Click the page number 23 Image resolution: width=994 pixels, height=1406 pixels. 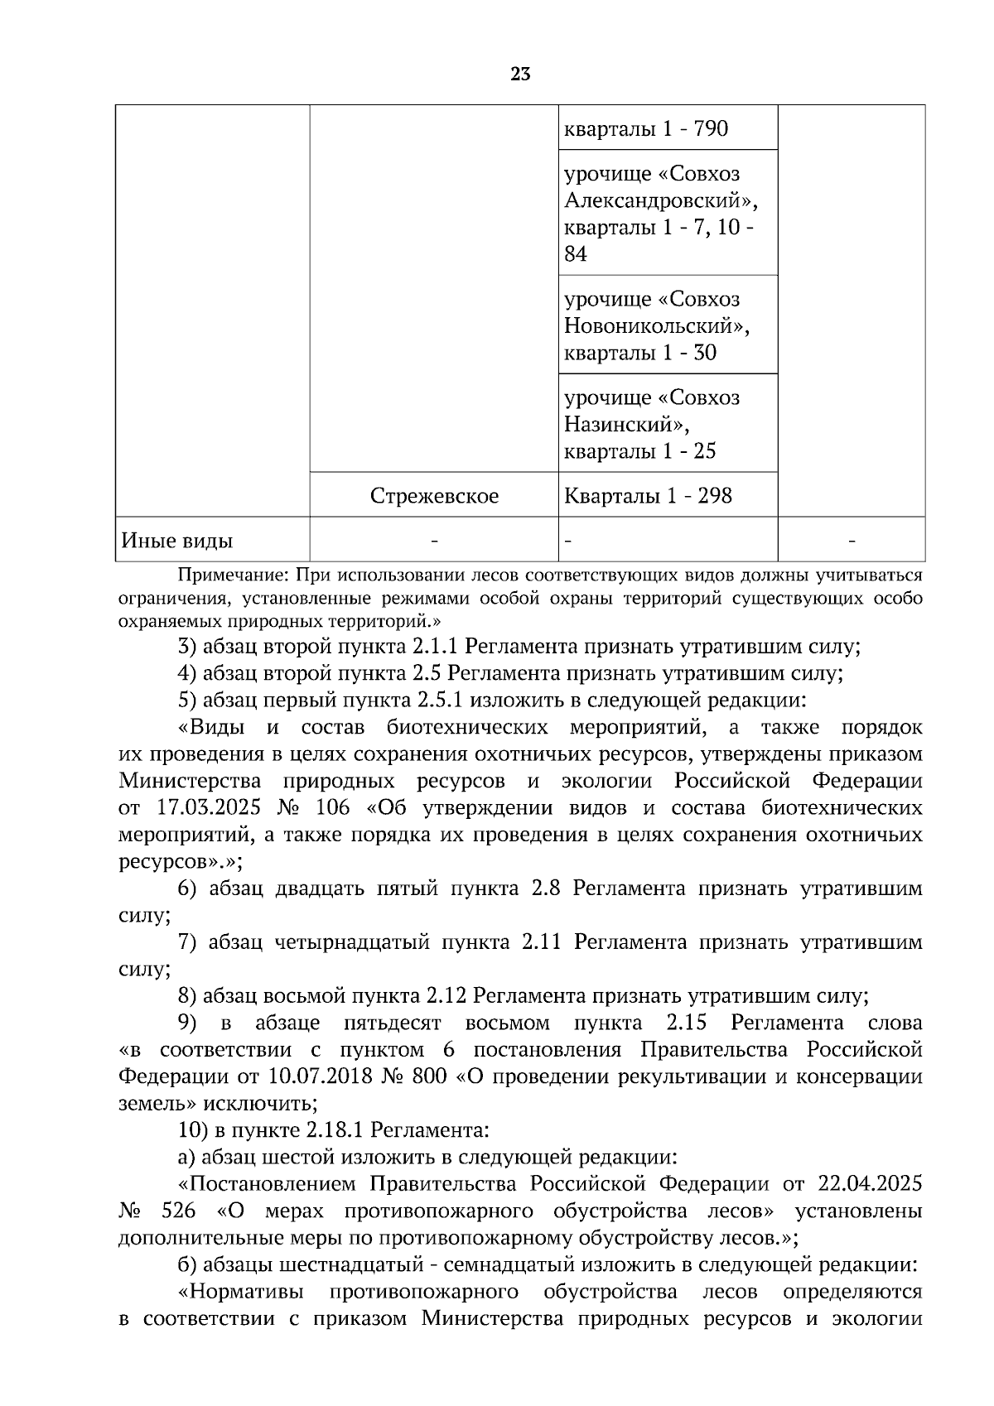click(x=520, y=75)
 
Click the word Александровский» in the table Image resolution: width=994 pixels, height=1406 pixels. click(x=660, y=201)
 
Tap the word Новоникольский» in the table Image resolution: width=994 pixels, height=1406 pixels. click(x=656, y=326)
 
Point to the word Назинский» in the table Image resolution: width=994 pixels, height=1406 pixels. click(x=627, y=425)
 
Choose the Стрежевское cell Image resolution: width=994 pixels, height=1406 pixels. click(x=434, y=496)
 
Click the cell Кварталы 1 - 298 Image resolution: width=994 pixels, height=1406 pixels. click(x=648, y=496)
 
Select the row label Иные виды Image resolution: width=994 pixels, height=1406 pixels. click(x=176, y=541)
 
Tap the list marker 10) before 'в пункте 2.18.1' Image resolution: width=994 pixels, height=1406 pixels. click(x=192, y=1130)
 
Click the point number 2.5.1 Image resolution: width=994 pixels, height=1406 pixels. click(x=444, y=701)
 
